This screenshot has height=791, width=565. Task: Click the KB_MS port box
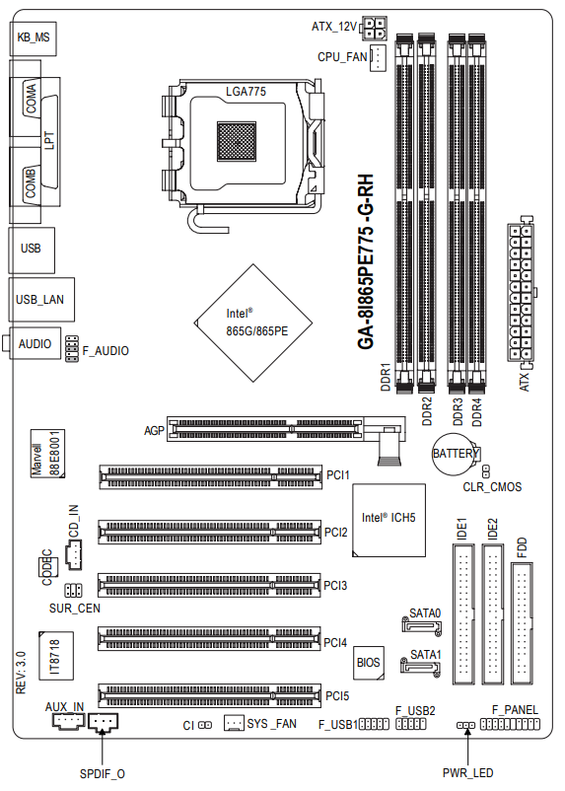tap(33, 38)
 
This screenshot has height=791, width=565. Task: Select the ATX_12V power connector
tap(374, 29)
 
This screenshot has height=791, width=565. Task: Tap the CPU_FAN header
tap(378, 57)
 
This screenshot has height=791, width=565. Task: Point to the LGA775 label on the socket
tap(246, 92)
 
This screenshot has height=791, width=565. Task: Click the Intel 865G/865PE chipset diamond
tap(253, 323)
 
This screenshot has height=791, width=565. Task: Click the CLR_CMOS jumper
tap(486, 471)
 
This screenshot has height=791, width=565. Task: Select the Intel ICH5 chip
tap(388, 520)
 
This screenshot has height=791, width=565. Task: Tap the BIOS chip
tap(368, 663)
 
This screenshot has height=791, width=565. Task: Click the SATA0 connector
tap(422, 626)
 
